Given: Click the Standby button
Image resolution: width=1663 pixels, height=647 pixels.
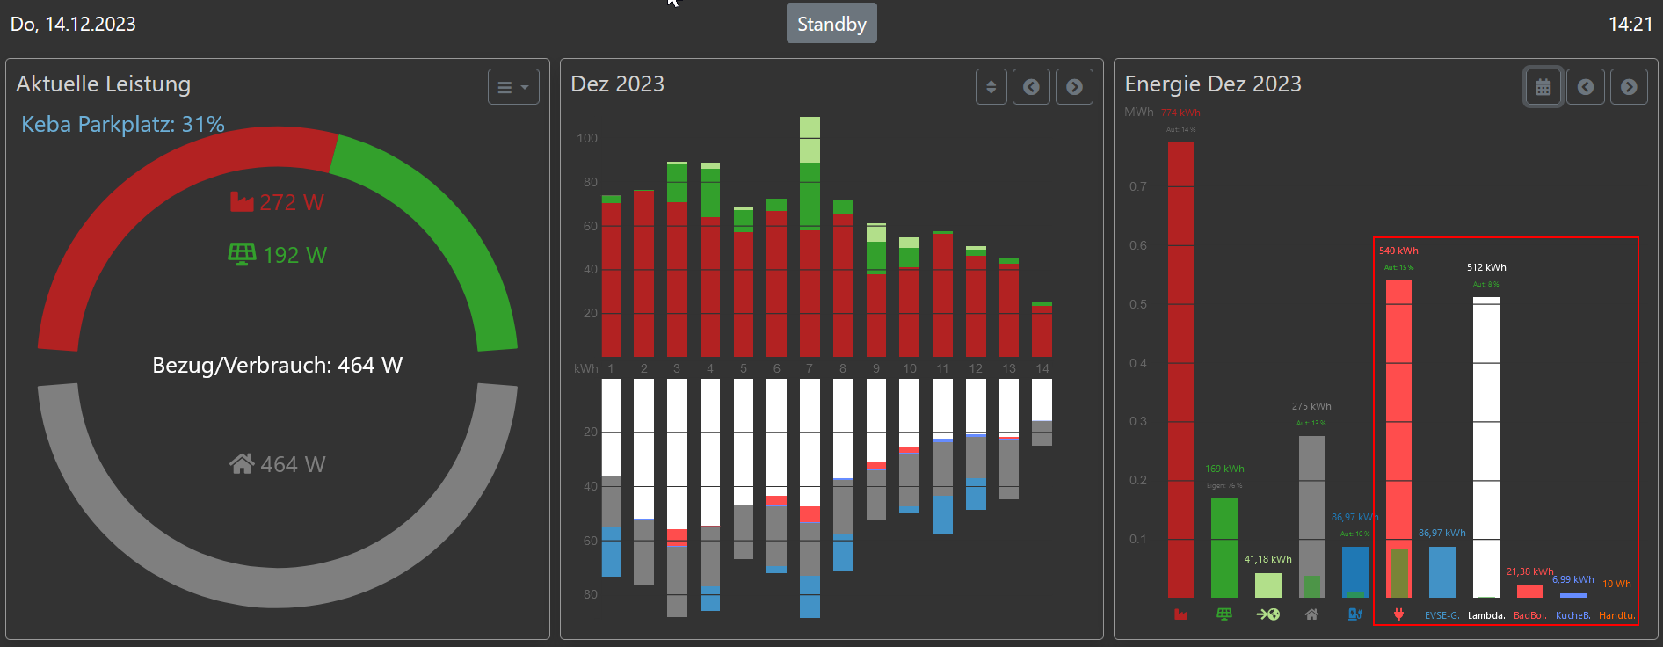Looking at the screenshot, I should coord(831,24).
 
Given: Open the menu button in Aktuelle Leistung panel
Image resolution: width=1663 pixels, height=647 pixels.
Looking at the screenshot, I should coord(513,87).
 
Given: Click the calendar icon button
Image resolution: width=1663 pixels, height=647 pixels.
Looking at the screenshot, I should coord(1543,87).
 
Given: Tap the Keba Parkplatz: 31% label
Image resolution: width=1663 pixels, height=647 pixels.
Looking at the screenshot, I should coord(123,125).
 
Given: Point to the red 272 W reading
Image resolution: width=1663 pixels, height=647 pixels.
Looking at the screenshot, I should coord(278,202).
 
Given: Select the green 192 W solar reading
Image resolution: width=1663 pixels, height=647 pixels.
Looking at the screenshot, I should coord(278,255).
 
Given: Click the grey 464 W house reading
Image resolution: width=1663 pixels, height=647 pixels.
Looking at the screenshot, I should coord(278,464).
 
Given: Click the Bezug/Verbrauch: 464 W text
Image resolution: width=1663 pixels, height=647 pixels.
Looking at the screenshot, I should coord(278,365).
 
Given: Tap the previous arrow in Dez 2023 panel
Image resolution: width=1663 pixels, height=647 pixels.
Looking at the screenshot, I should coord(1031,87).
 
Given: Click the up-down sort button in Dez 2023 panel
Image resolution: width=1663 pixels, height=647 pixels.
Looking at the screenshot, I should coord(991,87).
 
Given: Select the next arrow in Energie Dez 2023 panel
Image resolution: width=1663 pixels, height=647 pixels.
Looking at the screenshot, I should coord(1629,87).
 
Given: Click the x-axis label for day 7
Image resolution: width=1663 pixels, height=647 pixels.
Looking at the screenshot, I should coord(810,368).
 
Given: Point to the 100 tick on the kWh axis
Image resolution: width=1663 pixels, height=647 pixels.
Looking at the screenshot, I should coord(587,138).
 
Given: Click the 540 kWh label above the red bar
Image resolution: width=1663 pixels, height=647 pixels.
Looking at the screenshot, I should coord(1398,251).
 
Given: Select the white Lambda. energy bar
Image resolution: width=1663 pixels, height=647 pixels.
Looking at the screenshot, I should coord(1486,448).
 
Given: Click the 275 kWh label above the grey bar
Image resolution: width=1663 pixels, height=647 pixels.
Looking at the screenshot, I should coord(1311,406).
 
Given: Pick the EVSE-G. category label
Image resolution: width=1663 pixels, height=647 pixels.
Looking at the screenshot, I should coord(1442,615).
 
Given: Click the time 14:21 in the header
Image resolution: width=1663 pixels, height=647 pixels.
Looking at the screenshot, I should coord(1630,24).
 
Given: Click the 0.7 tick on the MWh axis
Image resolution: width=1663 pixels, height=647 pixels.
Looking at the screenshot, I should coord(1138,186).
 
